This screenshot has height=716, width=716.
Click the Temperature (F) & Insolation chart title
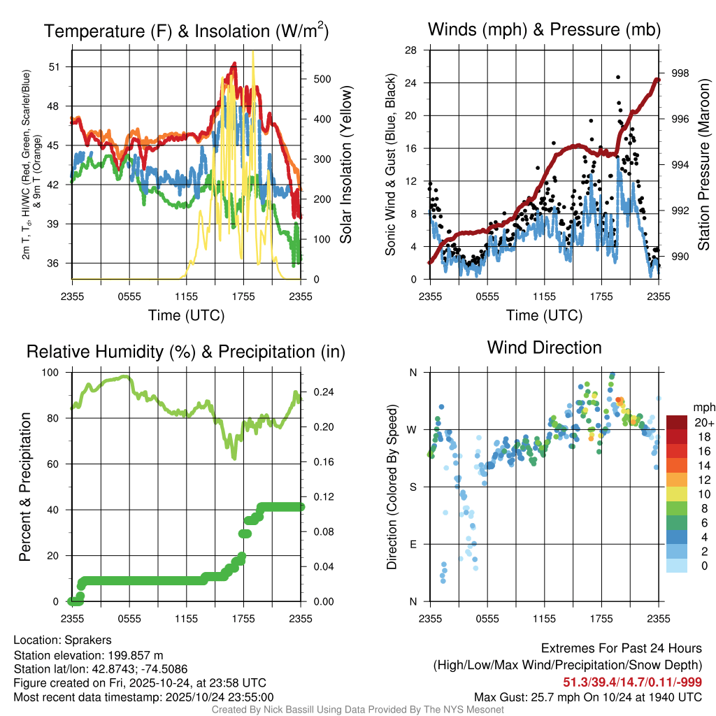(x=186, y=31)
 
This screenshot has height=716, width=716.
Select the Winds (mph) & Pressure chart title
(x=544, y=29)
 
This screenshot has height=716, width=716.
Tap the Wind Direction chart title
(x=544, y=348)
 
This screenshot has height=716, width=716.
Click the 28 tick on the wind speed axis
(x=411, y=50)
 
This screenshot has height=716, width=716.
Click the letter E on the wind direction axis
(x=413, y=544)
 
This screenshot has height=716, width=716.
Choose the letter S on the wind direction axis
(x=413, y=487)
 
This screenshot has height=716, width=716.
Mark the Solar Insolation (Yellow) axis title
(x=346, y=165)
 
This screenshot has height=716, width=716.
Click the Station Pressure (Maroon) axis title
(x=704, y=165)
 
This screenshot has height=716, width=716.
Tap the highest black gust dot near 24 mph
(x=618, y=78)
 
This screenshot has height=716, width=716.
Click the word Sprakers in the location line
(x=88, y=640)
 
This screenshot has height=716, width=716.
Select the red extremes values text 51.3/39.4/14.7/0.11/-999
(x=632, y=682)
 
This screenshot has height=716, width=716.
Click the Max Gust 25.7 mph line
(x=588, y=696)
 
